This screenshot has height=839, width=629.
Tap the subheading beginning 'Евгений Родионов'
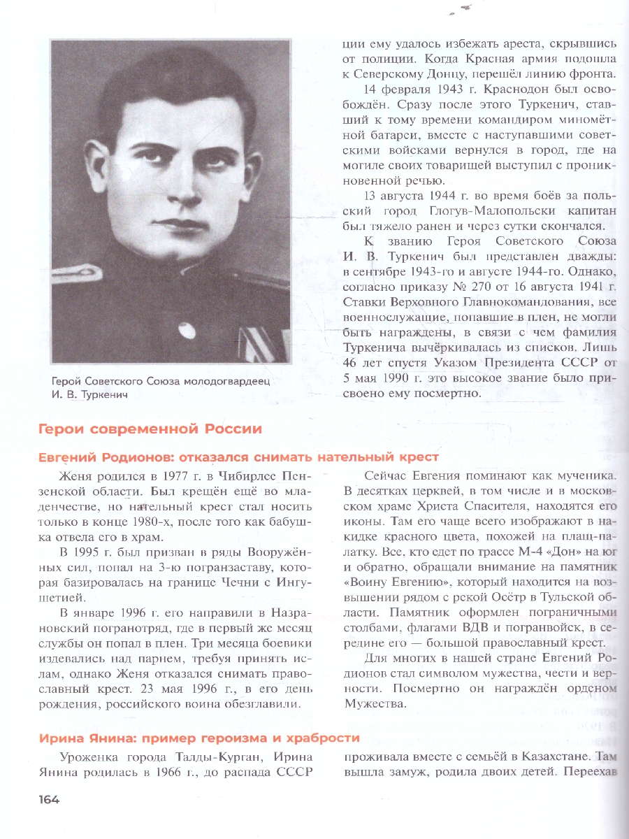(238, 457)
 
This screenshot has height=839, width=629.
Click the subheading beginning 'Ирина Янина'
(199, 738)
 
